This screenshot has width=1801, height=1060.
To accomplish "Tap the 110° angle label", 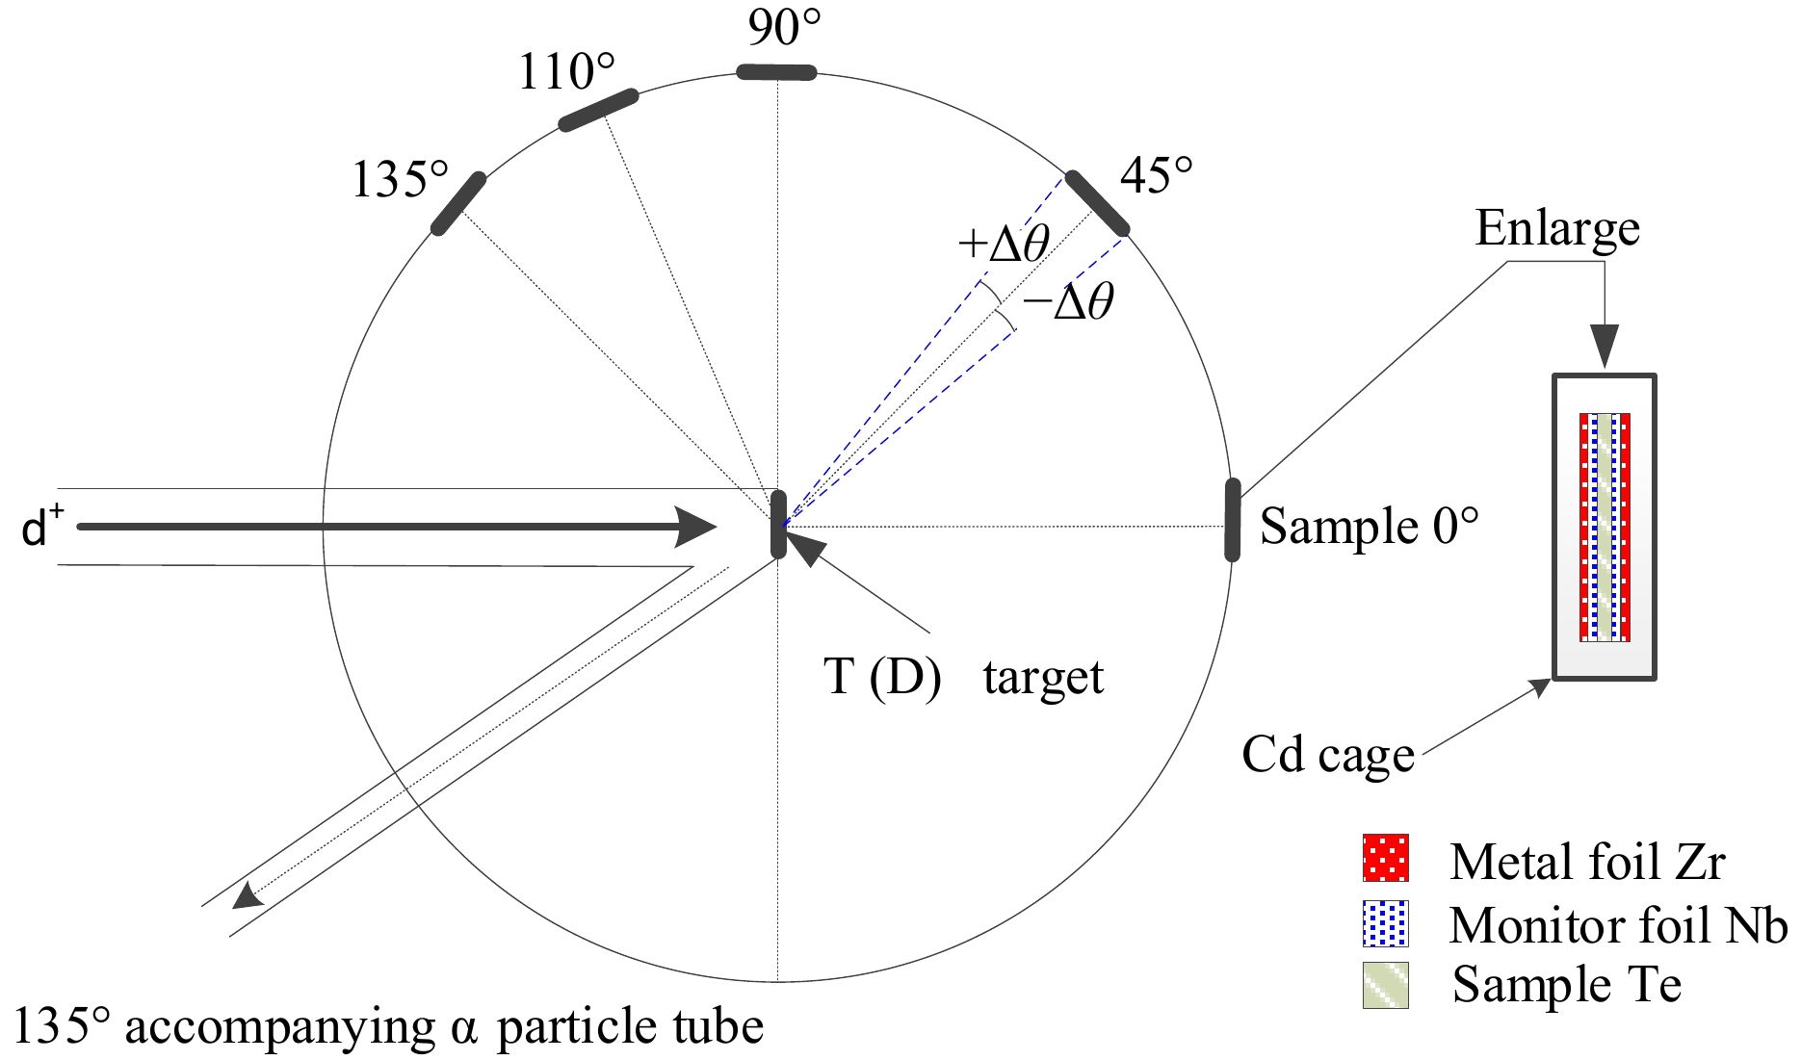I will (566, 72).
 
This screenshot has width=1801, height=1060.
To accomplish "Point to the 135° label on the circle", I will (400, 179).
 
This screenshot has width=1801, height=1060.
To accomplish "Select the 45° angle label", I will (1156, 176).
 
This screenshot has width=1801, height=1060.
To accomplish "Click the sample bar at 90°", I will (776, 72).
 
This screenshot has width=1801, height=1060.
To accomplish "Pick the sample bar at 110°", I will (598, 110).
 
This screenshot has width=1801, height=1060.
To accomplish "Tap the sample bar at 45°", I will (1096, 203).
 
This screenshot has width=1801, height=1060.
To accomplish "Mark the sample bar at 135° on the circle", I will (458, 203).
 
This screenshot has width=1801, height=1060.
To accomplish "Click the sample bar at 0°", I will (1232, 519).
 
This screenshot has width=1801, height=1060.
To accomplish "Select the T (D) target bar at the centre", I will (778, 524).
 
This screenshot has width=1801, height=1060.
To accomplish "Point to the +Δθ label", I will (1003, 245).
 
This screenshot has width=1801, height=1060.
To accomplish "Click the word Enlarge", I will (1557, 229).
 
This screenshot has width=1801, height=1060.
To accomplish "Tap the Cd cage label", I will (1328, 755).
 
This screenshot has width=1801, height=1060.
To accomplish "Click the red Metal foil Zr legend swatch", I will (1386, 858).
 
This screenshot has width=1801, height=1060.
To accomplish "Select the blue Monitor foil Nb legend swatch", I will (1386, 923).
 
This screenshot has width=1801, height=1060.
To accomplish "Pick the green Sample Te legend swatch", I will (1386, 985).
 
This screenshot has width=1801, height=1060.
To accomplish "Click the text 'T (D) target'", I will (963, 677).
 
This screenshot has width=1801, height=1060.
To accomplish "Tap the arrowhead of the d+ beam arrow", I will (697, 527).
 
